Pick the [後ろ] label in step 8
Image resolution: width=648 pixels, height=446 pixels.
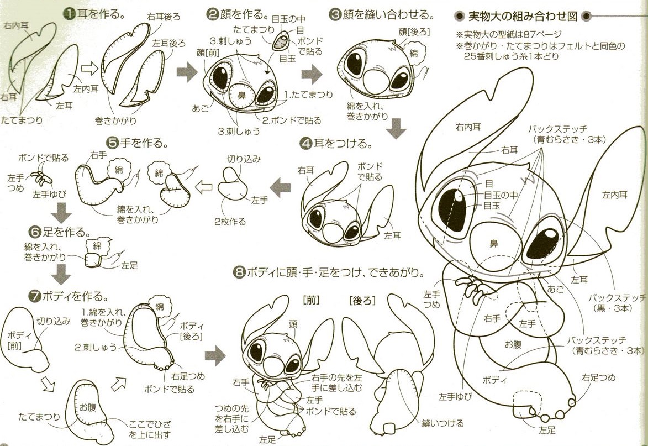pyautogui.click(x=362, y=300)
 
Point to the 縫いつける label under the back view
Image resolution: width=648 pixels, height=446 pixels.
pyautogui.click(x=437, y=423)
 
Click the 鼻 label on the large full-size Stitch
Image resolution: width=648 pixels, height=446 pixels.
pyautogui.click(x=493, y=242)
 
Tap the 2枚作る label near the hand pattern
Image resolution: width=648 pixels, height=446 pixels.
pyautogui.click(x=230, y=222)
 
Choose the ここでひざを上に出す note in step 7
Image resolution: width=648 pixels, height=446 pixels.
pyautogui.click(x=150, y=429)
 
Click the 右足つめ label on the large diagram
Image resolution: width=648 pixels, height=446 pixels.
pyautogui.click(x=598, y=378)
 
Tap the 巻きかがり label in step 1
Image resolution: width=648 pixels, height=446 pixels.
pyautogui.click(x=115, y=119)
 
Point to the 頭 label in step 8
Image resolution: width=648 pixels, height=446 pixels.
pyautogui.click(x=293, y=324)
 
